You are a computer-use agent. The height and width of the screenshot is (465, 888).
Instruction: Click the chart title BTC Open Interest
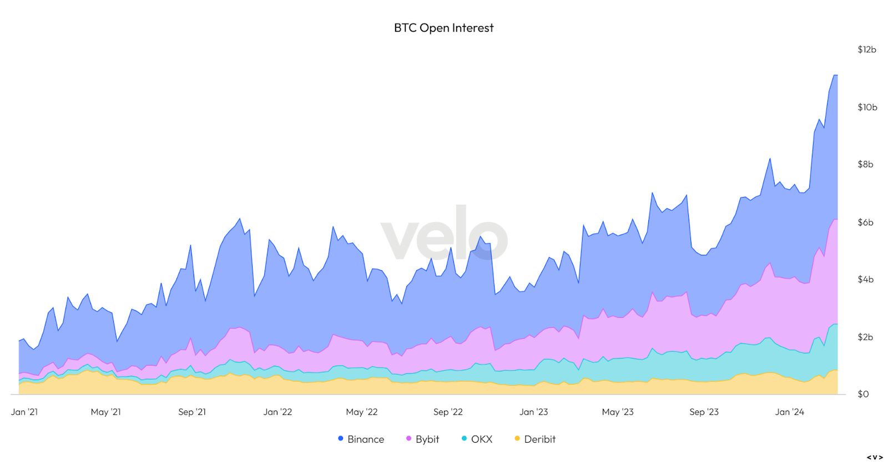443,28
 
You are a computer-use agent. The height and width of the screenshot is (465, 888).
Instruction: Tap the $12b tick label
866,49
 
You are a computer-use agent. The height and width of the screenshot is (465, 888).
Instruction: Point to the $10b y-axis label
867,107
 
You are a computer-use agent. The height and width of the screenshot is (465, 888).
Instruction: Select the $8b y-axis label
865,164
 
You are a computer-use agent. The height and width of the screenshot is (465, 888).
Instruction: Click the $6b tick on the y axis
865,222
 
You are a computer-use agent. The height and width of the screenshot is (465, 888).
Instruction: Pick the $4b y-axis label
865,279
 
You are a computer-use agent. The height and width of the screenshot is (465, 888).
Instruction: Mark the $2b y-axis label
865,337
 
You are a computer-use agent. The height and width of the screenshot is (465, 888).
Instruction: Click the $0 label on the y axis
863,394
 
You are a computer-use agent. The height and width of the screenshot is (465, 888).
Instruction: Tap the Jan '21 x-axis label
24,412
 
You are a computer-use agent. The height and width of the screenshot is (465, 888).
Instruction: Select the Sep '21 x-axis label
192,412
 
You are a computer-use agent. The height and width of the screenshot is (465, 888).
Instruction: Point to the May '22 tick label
361,412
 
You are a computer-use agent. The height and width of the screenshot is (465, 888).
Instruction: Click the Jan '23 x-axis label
533,412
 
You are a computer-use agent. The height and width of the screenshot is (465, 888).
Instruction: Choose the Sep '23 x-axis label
704,412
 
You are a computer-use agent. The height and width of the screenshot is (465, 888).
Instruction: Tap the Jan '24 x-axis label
789,412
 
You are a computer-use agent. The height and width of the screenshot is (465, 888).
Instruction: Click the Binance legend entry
361,439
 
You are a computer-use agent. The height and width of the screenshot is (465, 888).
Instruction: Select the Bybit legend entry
423,439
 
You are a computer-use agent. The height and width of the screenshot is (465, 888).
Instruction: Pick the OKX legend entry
477,439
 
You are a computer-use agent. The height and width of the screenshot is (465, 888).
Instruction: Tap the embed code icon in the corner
875,458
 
